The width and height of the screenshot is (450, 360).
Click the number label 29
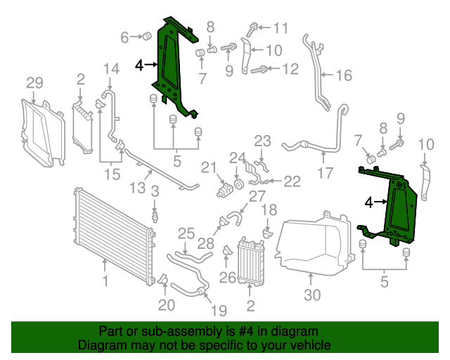coord(34,84)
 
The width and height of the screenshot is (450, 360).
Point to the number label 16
coord(343,75)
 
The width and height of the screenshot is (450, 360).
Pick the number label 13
coord(138,188)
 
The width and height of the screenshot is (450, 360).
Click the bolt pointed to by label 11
coord(252,29)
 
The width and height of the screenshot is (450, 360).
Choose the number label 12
coord(290,69)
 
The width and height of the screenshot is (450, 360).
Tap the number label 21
coord(207,167)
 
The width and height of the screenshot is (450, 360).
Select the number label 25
coord(186,233)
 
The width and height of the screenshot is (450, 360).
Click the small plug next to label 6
coord(148,37)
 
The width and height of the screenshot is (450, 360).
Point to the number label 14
coord(112,69)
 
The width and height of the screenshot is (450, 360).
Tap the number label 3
coord(155,191)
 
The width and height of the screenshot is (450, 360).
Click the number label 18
coord(269,210)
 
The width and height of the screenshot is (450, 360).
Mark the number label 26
coord(227,277)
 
